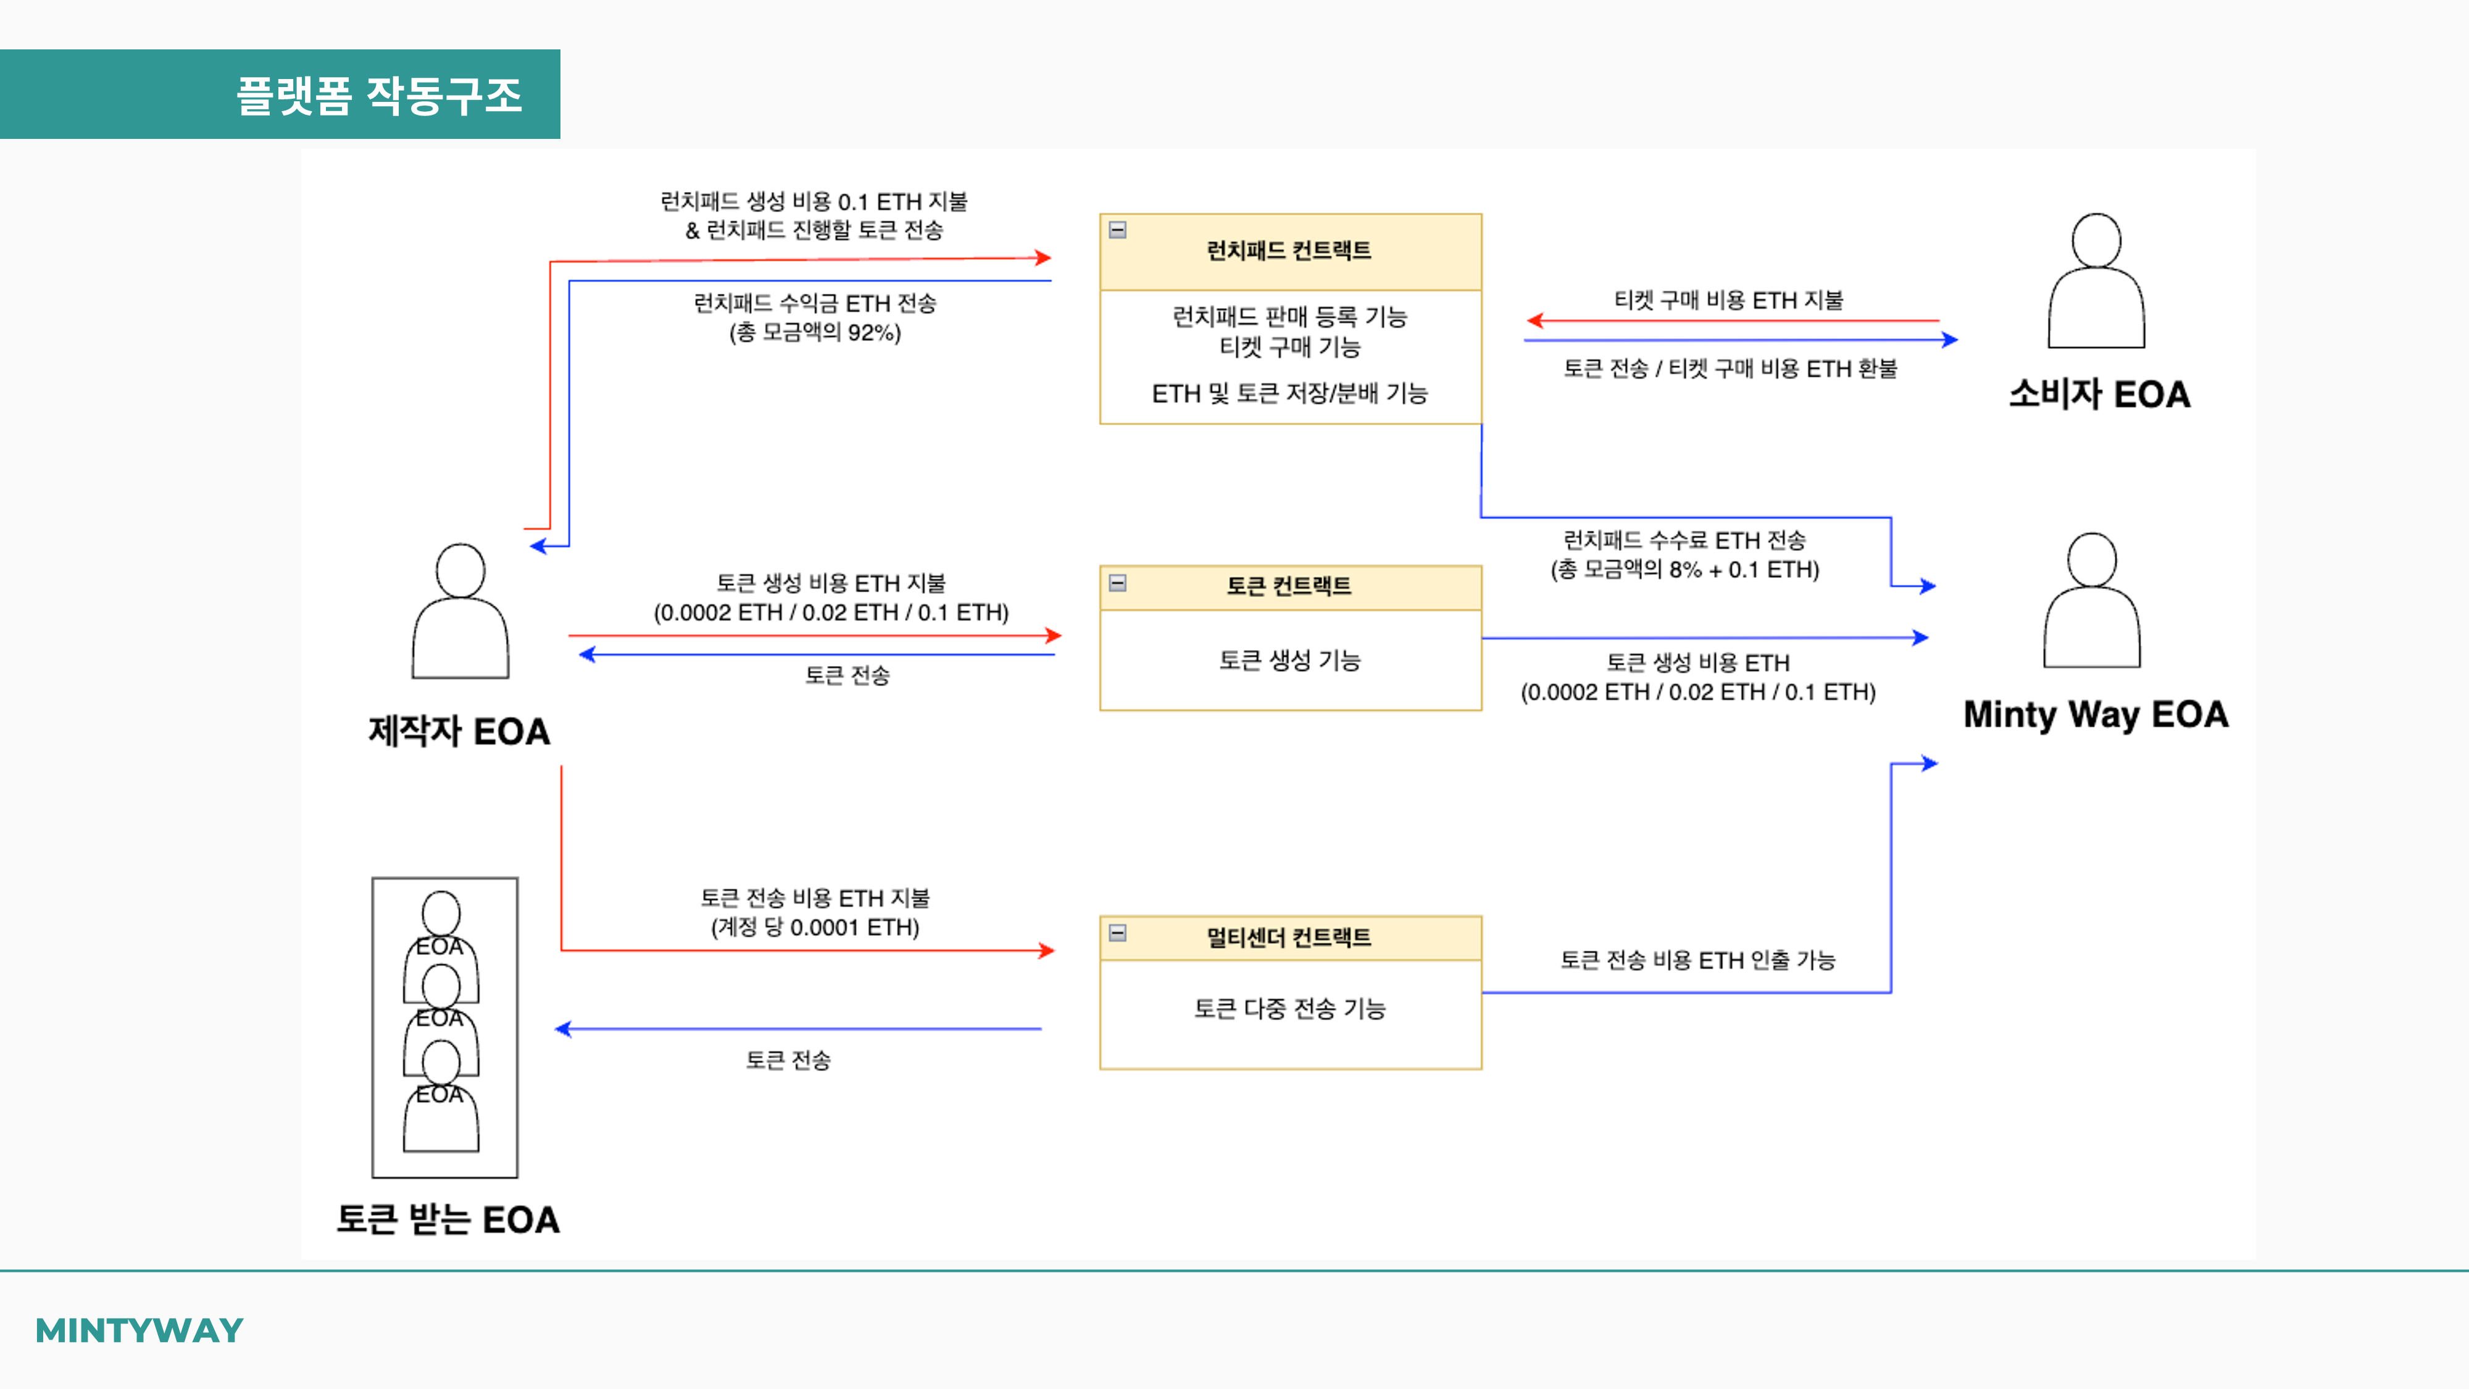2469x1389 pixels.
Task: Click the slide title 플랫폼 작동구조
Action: coord(380,96)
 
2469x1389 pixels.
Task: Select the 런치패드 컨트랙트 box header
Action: coord(1289,251)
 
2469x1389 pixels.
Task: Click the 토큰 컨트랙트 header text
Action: coord(1289,586)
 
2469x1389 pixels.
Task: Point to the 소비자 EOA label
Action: coord(2099,394)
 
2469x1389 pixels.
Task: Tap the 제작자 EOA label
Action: coord(459,732)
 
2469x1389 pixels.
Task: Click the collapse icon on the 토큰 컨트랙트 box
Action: coord(1118,583)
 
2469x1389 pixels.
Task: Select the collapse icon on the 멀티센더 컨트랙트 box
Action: coord(1118,933)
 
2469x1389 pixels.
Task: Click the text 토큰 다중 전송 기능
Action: coord(1289,1009)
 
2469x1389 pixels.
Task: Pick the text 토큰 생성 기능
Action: coord(1289,661)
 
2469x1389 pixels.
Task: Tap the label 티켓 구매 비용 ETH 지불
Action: coord(1728,300)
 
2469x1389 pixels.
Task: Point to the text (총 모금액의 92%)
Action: coord(815,333)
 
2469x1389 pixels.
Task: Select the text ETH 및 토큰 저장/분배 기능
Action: coord(1289,393)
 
